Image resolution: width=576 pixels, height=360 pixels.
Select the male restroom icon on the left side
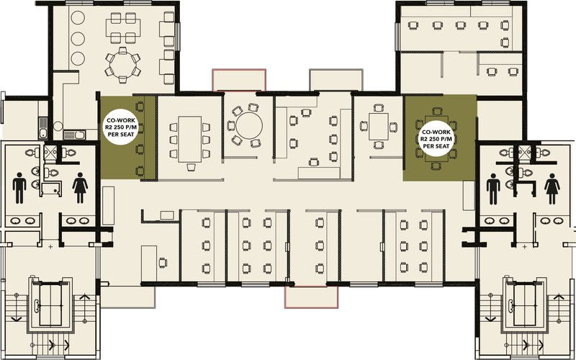click(x=19, y=188)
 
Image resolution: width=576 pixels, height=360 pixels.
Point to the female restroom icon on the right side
click(x=552, y=189)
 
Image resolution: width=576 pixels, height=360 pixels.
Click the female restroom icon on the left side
click(x=80, y=188)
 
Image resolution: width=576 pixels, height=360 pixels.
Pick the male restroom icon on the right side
click(x=493, y=189)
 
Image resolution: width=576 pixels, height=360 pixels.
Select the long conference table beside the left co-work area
click(x=189, y=139)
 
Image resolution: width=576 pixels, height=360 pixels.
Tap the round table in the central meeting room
click(x=249, y=125)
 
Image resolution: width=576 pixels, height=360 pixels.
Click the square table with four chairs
click(x=379, y=127)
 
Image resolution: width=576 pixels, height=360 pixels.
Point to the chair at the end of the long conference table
click(x=190, y=167)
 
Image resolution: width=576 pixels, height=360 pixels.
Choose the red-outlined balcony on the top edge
click(x=239, y=80)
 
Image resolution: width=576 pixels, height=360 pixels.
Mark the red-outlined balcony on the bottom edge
click(x=311, y=297)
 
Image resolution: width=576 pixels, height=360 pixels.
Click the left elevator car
click(x=50, y=305)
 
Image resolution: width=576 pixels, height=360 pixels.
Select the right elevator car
click(x=524, y=305)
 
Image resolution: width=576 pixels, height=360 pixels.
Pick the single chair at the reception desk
click(x=163, y=263)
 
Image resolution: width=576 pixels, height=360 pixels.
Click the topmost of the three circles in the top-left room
click(x=78, y=17)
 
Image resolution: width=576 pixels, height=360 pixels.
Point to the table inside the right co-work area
click(x=436, y=139)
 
